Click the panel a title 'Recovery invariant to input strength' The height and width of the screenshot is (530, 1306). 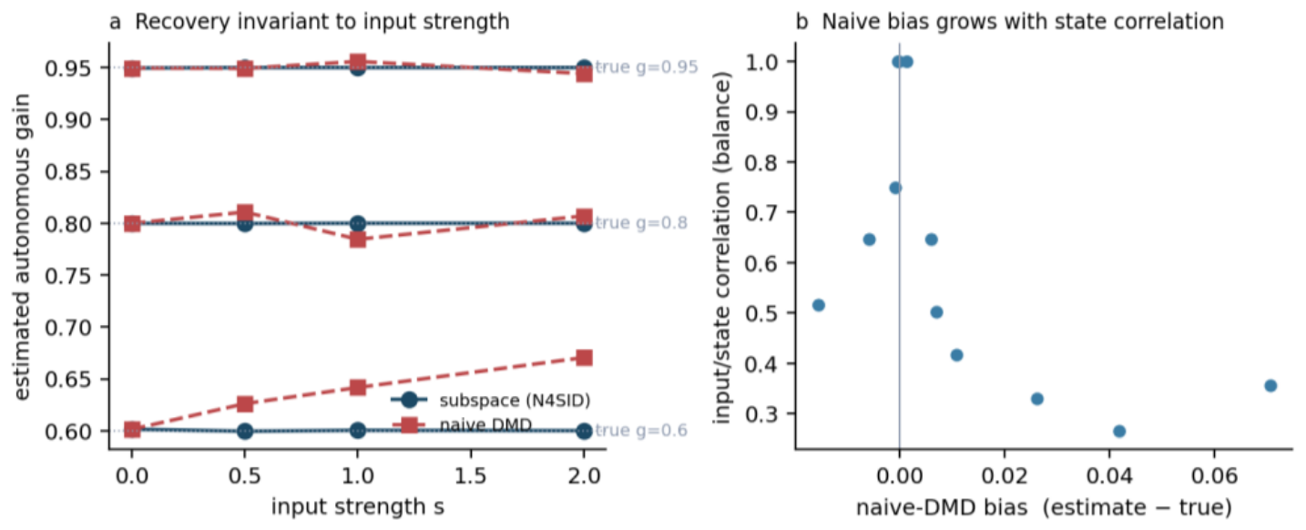pyautogui.click(x=321, y=22)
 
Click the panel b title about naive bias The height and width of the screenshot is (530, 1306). pyautogui.click(x=1023, y=22)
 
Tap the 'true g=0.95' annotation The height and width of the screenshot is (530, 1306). pyautogui.click(x=647, y=67)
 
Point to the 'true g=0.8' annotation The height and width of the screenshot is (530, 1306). pyautogui.click(x=641, y=223)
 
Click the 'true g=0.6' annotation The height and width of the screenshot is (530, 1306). pyautogui.click(x=641, y=431)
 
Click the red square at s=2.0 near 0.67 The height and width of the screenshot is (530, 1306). pyautogui.click(x=584, y=357)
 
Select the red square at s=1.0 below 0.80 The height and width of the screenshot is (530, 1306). pyautogui.click(x=358, y=240)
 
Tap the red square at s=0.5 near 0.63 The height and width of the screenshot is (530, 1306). pyautogui.click(x=245, y=404)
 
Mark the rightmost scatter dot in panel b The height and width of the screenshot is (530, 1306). pyautogui.click(x=1271, y=385)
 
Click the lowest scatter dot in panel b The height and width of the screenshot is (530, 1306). pyautogui.click(x=1119, y=432)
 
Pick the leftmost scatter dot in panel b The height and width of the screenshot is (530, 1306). pyautogui.click(x=819, y=305)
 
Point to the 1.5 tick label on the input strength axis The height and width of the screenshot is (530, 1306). pyautogui.click(x=471, y=475)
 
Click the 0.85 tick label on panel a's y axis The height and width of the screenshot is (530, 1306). pyautogui.click(x=68, y=172)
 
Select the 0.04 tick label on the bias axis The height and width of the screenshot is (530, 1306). pyautogui.click(x=1109, y=475)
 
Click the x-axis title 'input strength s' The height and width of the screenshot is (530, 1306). pyautogui.click(x=357, y=506)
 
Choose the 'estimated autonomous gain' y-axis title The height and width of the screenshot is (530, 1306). pyautogui.click(x=22, y=247)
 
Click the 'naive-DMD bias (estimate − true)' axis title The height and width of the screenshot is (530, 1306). pyautogui.click(x=1045, y=507)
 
